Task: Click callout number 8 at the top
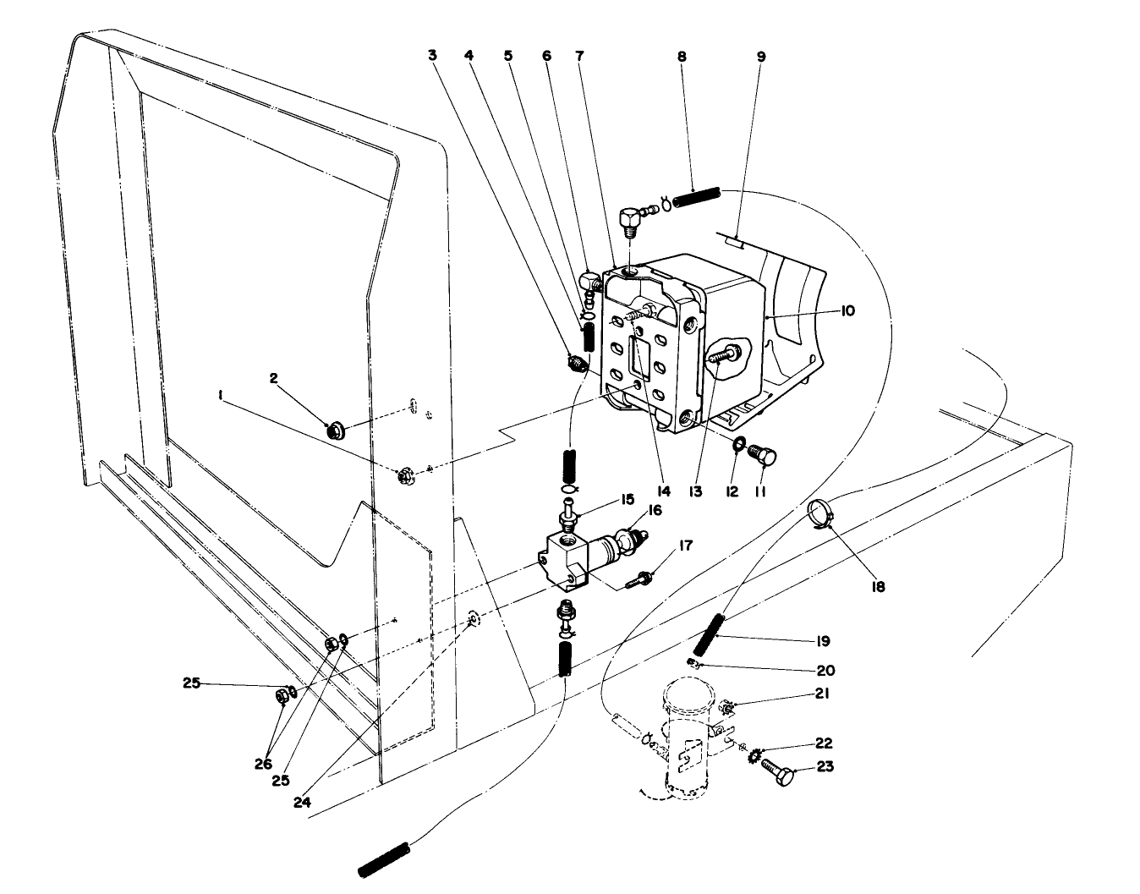tap(682, 57)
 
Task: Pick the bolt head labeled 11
tap(763, 458)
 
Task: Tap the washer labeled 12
tap(737, 445)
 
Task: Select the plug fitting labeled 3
tap(576, 365)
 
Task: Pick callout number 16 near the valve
tap(656, 510)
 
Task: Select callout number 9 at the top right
tap(760, 57)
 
